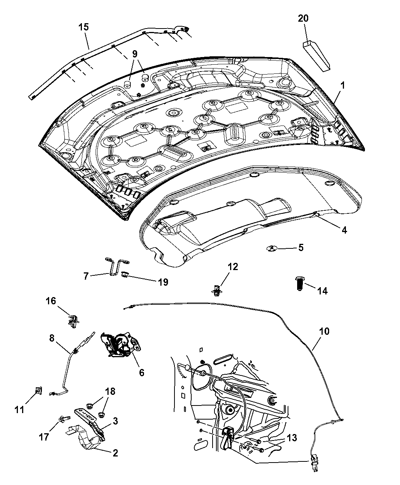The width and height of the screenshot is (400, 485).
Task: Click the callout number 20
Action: pos(303,18)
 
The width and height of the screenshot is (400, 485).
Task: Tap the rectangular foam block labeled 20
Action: pos(317,55)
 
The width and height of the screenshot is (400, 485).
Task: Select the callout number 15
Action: pos(83,27)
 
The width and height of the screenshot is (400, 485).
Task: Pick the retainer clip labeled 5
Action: pos(272,248)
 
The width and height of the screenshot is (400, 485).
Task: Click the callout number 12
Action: pos(233,267)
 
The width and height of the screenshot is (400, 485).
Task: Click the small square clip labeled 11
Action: pos(38,391)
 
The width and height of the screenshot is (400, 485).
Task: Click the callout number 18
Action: pos(110,391)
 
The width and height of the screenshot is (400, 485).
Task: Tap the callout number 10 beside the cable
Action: pos(324,331)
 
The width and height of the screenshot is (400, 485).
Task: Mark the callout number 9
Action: pos(135,54)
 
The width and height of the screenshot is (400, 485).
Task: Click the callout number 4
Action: pos(344,230)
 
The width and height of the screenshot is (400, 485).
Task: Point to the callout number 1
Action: pos(342,86)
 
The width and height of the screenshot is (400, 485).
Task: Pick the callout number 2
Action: pos(115,453)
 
